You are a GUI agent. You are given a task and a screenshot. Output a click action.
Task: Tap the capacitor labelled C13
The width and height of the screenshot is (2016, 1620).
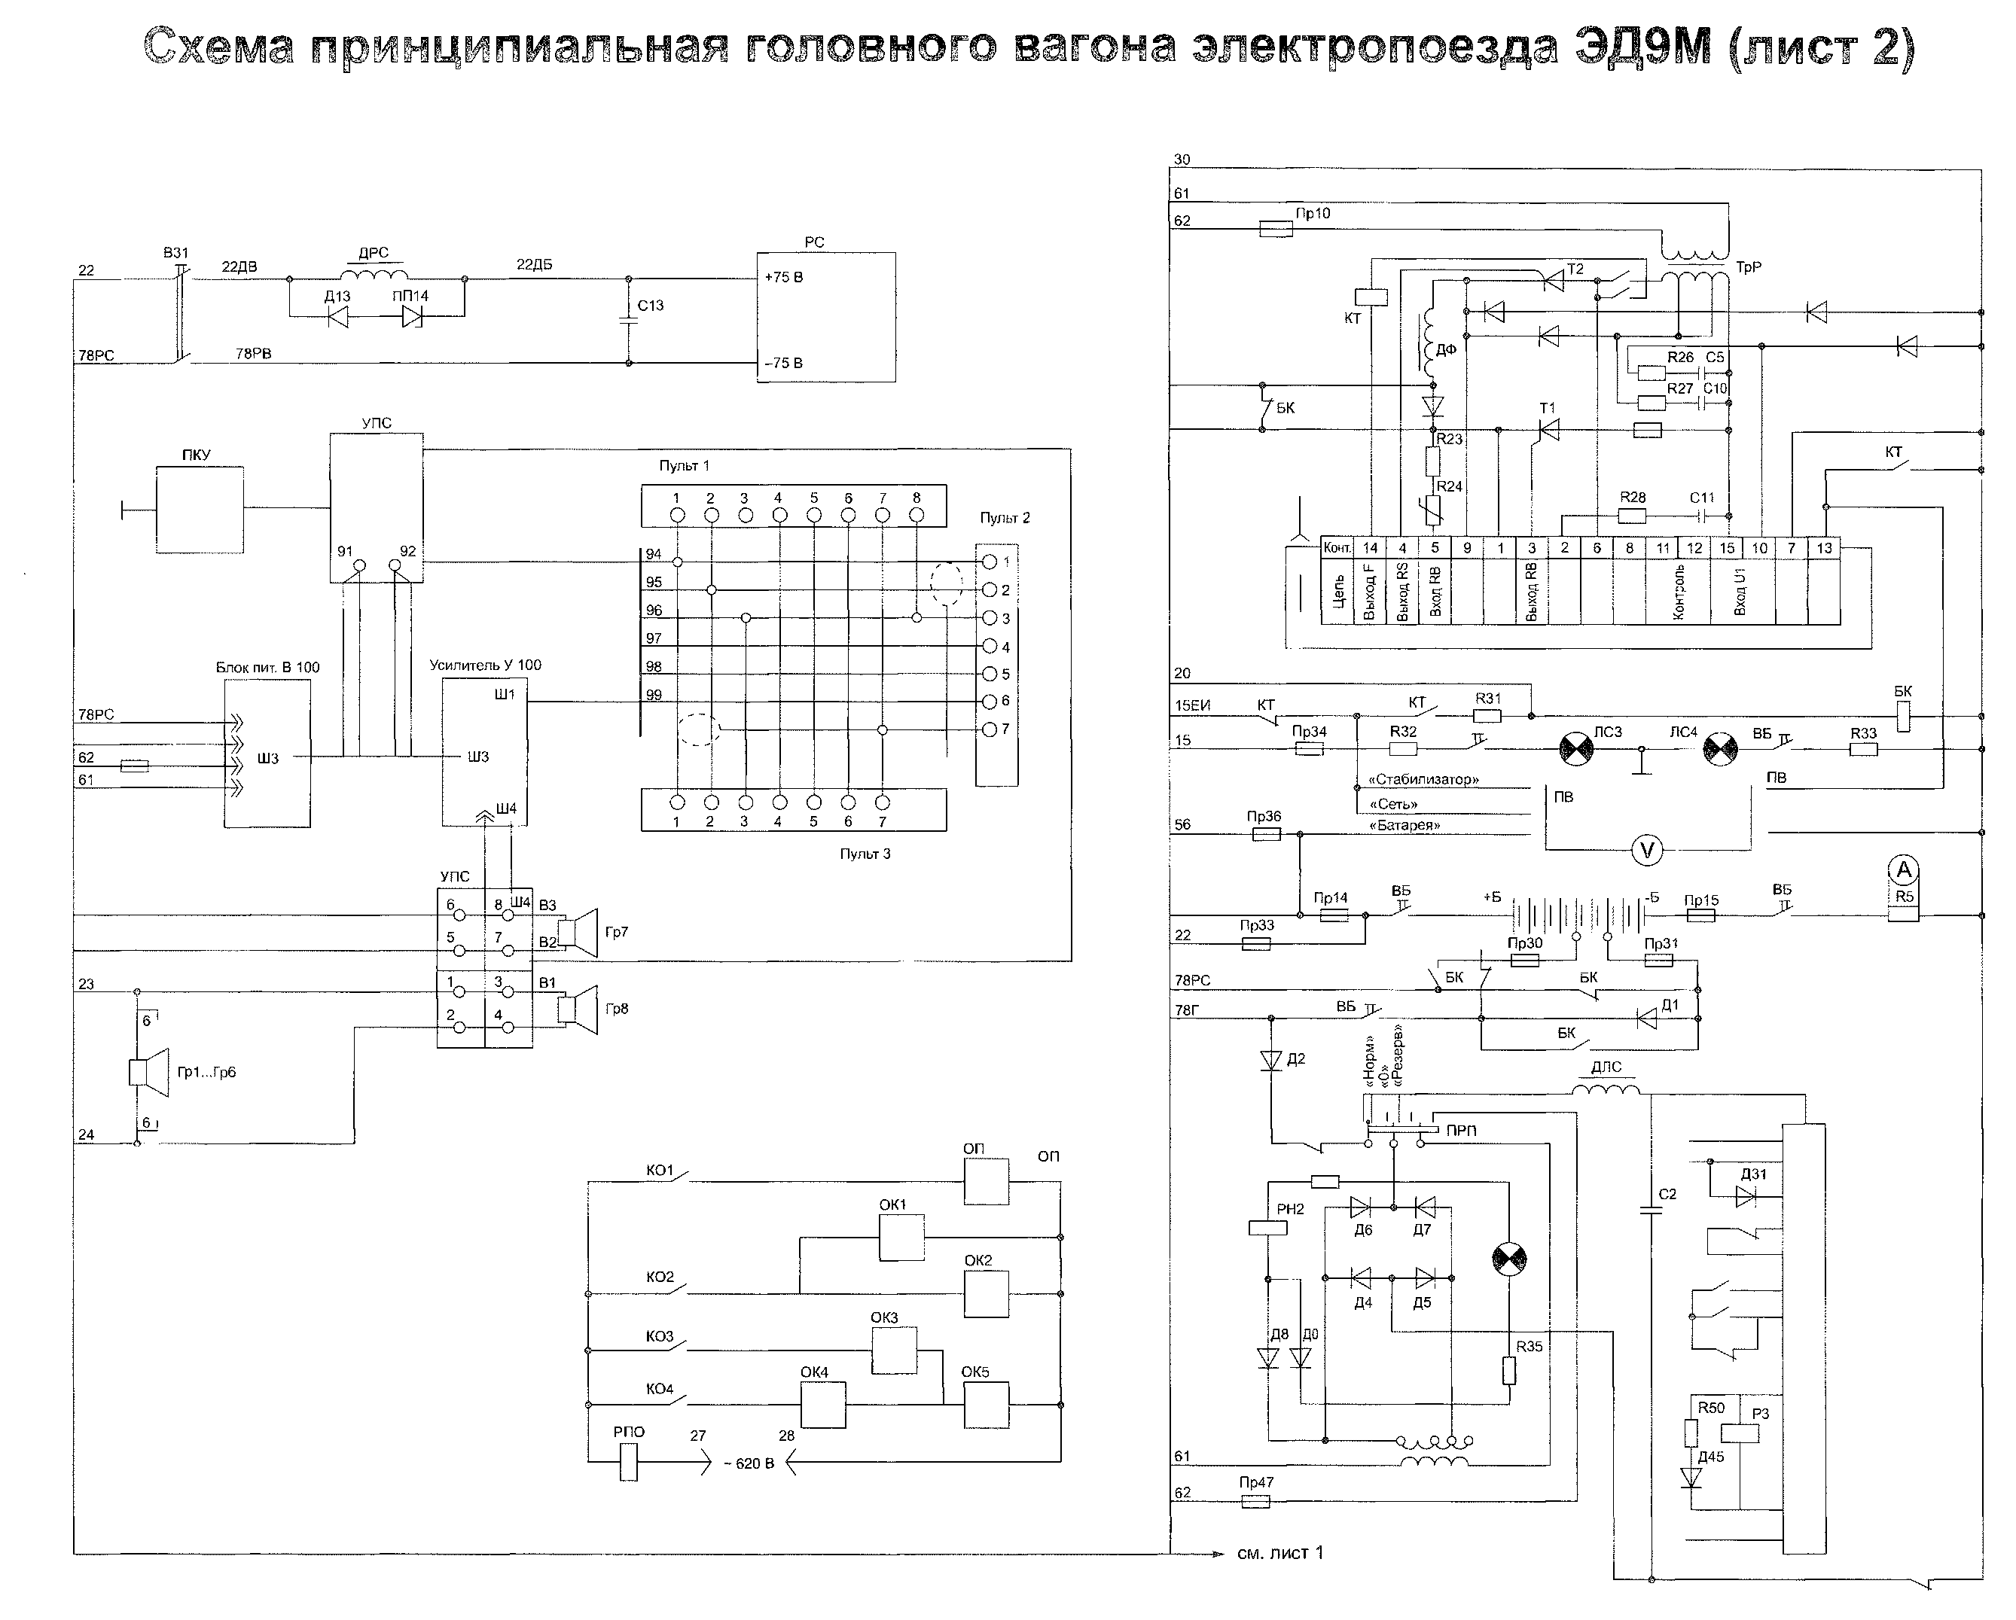tap(628, 320)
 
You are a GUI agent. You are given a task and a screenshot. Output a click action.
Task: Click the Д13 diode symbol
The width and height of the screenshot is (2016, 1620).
tap(337, 317)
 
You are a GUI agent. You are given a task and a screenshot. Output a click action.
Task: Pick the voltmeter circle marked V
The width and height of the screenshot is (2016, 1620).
tap(1647, 850)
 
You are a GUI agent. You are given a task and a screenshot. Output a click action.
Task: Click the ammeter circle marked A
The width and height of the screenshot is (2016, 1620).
tap(1904, 870)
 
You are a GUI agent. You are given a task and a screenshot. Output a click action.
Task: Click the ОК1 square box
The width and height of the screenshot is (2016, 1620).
tap(901, 1237)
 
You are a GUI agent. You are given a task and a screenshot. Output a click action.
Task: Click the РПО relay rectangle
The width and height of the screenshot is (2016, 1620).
tap(628, 1462)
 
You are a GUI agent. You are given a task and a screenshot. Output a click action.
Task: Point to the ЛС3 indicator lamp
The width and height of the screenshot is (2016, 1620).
tap(1578, 748)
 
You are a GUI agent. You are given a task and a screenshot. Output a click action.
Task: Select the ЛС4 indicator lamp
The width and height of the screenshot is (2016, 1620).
tap(1721, 748)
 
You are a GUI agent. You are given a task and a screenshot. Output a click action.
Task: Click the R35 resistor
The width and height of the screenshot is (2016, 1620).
tap(1509, 1370)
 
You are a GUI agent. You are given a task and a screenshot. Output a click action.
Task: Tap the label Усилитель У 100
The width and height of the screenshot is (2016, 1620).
tap(485, 665)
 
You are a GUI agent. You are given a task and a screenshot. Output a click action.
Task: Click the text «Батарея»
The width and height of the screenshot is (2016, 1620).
tap(1405, 825)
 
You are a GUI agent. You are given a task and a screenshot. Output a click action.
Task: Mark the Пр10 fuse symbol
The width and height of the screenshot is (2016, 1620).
tap(1276, 228)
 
